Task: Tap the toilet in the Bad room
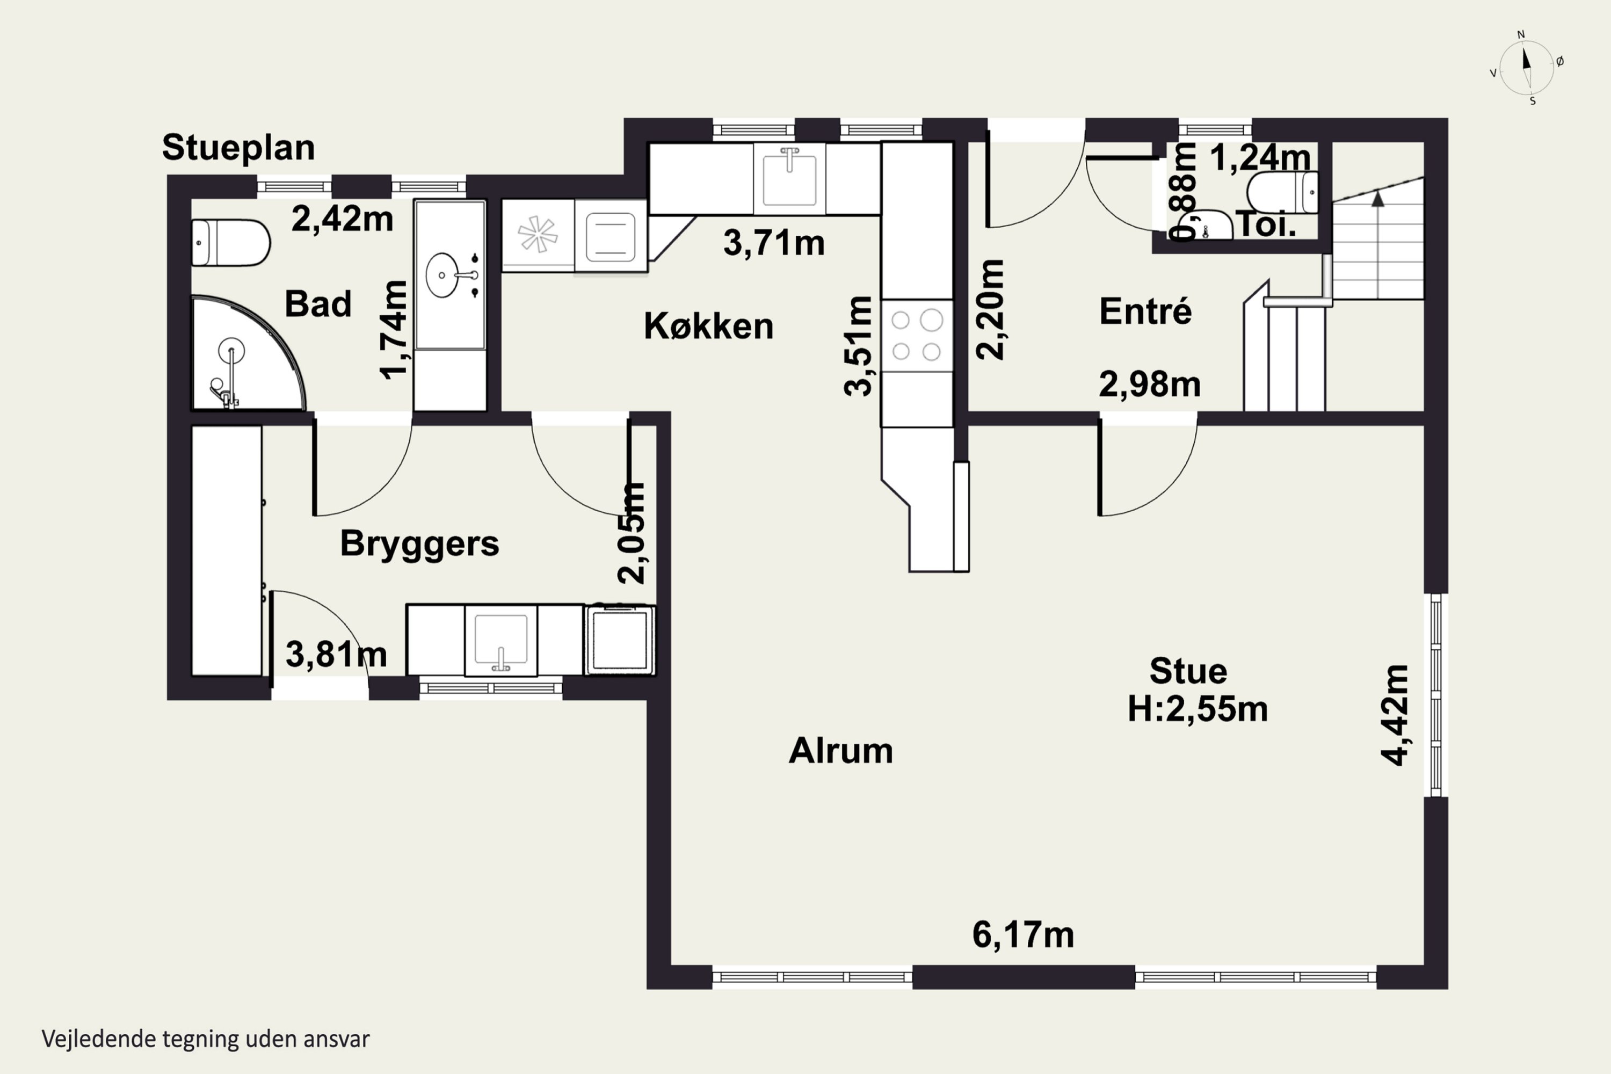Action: pyautogui.click(x=230, y=243)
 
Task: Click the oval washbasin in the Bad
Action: pyautogui.click(x=443, y=275)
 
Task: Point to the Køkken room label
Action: pyautogui.click(x=708, y=326)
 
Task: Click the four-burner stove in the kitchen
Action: pyautogui.click(x=917, y=336)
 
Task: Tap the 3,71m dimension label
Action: pyautogui.click(x=774, y=243)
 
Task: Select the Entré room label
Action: pyautogui.click(x=1145, y=311)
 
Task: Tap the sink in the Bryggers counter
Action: pyautogui.click(x=500, y=641)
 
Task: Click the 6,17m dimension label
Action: pyautogui.click(x=1024, y=935)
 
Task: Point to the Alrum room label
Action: pyautogui.click(x=840, y=751)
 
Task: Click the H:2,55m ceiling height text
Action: pyautogui.click(x=1198, y=709)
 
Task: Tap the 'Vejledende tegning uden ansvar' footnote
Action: pyautogui.click(x=206, y=1039)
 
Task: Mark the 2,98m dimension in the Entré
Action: pyautogui.click(x=1150, y=385)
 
